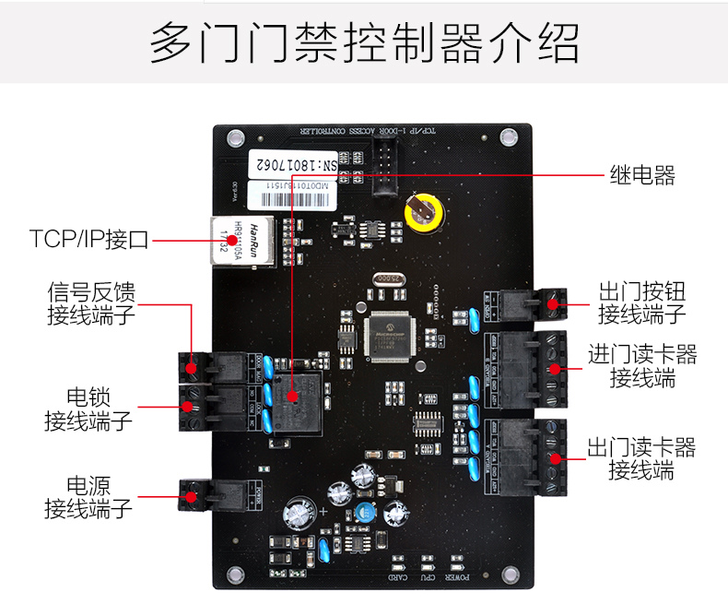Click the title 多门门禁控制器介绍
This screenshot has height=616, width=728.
364,43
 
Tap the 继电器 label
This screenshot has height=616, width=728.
642,174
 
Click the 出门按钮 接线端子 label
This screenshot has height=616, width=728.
641,303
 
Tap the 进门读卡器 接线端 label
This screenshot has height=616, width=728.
642,366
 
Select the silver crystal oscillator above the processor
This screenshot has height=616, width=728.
388,279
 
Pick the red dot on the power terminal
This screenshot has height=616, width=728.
192,497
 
